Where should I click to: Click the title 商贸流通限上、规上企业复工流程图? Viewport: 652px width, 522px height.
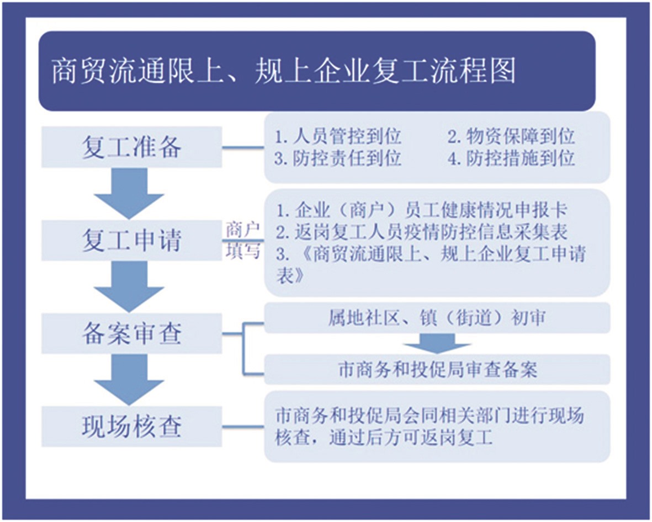284,71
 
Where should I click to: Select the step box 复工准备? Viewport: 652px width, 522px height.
131,147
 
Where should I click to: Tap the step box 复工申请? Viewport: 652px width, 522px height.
131,240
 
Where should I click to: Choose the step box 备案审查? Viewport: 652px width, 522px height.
131,333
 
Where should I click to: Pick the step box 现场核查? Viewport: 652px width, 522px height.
131,427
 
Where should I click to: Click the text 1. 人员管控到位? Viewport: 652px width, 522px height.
338,136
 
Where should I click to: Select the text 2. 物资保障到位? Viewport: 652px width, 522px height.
511,136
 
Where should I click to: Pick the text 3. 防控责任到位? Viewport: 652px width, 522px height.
338,158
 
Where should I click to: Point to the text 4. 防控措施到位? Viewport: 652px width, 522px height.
511,158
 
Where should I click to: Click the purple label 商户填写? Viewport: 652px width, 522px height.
243,240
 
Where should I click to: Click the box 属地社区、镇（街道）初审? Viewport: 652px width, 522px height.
437,318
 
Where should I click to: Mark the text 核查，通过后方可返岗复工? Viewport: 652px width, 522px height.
384,438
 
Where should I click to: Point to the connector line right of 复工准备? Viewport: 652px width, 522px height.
243,147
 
